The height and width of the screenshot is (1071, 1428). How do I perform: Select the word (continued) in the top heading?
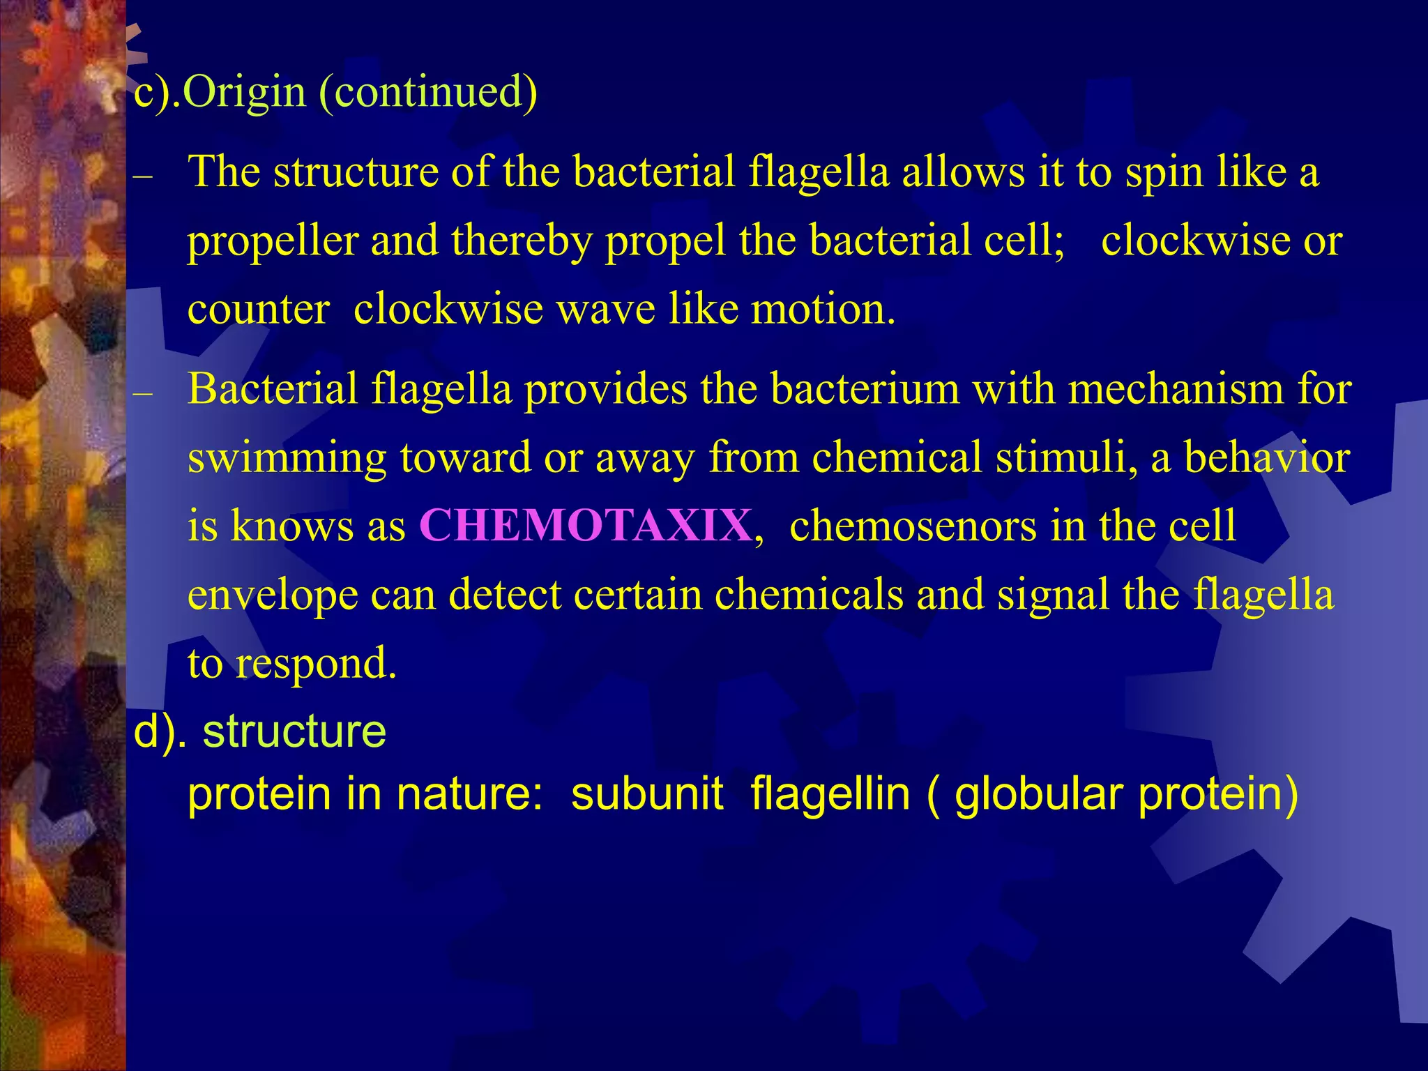[428, 93]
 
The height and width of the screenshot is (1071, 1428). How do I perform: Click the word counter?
[258, 310]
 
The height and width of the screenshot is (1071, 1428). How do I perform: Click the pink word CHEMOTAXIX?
[586, 526]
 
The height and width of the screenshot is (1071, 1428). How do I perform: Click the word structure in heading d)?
[294, 731]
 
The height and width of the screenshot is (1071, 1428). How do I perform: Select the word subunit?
[647, 794]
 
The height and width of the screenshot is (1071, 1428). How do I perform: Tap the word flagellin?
[830, 794]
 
